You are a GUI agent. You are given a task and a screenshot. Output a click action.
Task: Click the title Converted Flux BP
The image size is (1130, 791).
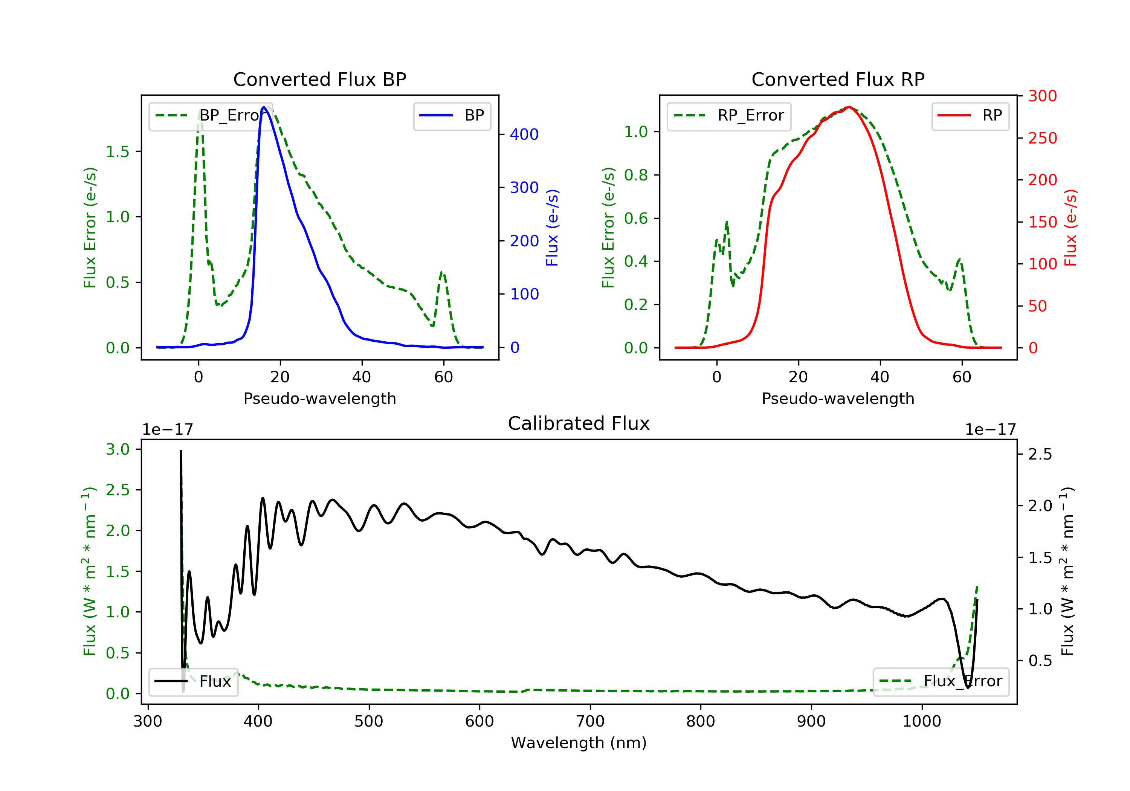pyautogui.click(x=319, y=79)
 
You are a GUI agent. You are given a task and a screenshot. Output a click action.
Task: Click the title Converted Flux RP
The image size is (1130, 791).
pyautogui.click(x=838, y=79)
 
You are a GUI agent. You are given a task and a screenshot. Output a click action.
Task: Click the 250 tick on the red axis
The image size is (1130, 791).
pyautogui.click(x=1042, y=138)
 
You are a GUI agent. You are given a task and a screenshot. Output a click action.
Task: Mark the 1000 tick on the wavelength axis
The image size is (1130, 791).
pyautogui.click(x=921, y=722)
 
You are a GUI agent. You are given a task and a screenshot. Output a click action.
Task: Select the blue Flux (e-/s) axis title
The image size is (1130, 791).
pyautogui.click(x=552, y=228)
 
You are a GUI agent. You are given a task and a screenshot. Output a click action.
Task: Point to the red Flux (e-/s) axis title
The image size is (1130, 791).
pyautogui.click(x=1070, y=228)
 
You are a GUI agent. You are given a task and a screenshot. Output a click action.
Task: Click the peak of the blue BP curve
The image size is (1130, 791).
pyautogui.click(x=264, y=107)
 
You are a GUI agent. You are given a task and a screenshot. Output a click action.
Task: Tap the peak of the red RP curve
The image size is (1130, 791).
pyautogui.click(x=849, y=107)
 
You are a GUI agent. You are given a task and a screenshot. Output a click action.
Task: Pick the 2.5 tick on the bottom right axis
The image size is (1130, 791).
pyautogui.click(x=1040, y=454)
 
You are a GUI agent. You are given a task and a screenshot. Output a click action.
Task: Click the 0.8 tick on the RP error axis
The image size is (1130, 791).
pyautogui.click(x=636, y=175)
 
